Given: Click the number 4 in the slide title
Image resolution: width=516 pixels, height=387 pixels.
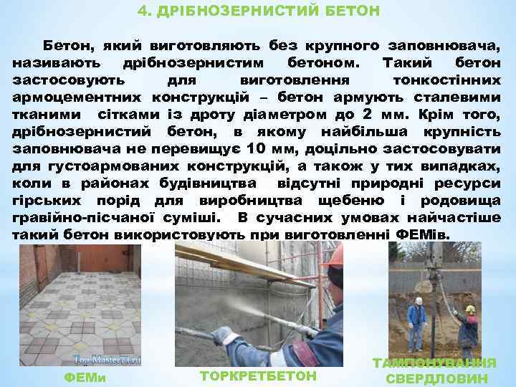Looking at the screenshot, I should pyautogui.click(x=141, y=11).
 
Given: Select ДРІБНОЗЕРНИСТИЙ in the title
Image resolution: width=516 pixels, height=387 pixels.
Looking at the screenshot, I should pyautogui.click(x=236, y=11).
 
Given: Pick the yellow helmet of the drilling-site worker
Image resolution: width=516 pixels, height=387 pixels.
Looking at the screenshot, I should pyautogui.click(x=470, y=309).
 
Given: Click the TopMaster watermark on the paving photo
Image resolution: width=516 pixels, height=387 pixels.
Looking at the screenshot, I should pyautogui.click(x=105, y=359).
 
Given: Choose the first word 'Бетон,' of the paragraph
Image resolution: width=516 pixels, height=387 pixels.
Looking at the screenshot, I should pyautogui.click(x=69, y=45).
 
